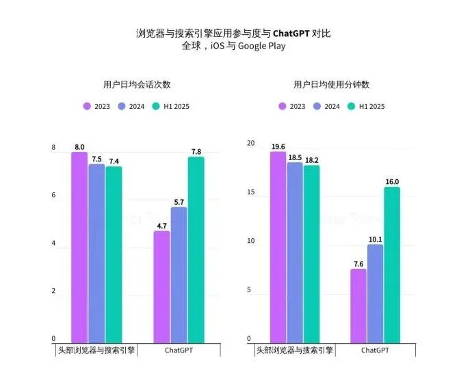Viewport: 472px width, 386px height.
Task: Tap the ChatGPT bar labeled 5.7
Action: (179, 274)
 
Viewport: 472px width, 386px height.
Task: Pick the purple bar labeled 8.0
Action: (79, 246)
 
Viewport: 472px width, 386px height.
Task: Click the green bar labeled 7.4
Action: (114, 254)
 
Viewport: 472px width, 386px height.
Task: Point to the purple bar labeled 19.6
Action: (278, 246)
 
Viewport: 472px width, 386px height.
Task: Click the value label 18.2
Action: (311, 160)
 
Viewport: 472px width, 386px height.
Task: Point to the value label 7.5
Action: (96, 159)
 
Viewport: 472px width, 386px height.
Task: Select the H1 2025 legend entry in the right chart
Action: (367, 106)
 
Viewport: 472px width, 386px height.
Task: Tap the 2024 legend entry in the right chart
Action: (327, 106)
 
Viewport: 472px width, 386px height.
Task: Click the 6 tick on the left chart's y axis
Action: (53, 196)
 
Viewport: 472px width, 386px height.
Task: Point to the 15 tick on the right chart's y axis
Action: (250, 192)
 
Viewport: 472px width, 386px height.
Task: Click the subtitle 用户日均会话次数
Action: (136, 85)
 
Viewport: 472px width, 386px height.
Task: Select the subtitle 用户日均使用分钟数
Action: (332, 85)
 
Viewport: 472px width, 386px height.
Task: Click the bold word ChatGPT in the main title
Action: (291, 33)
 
